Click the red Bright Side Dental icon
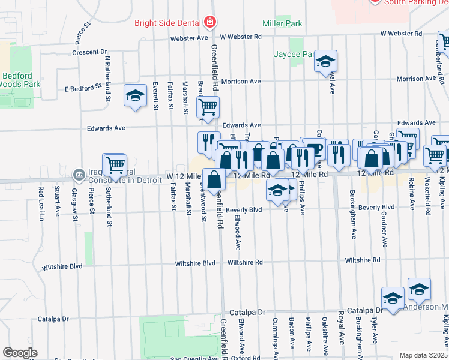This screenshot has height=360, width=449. pyautogui.click(x=209, y=23)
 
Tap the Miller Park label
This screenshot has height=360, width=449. pyautogui.click(x=282, y=23)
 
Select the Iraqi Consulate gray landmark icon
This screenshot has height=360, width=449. pyautogui.click(x=79, y=175)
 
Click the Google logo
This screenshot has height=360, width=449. pyautogui.click(x=20, y=353)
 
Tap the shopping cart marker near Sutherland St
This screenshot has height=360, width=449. pyautogui.click(x=115, y=164)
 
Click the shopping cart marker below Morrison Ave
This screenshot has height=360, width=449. pyautogui.click(x=208, y=107)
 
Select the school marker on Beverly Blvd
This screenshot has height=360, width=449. pyautogui.click(x=277, y=190)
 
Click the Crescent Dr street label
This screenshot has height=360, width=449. pyautogui.click(x=89, y=52)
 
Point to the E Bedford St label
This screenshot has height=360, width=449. pyautogui.click(x=82, y=88)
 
